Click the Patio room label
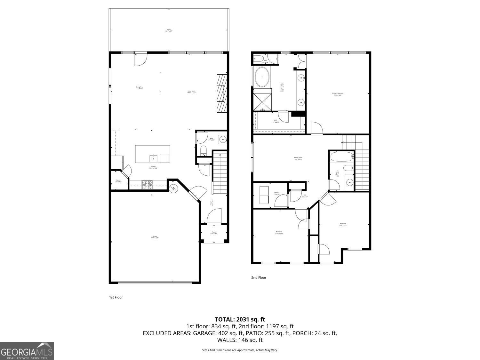click(x=169, y=30)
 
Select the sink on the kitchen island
click(x=153, y=158)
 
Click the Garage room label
click(x=155, y=237)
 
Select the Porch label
click(x=214, y=233)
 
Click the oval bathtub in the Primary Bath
click(x=263, y=77)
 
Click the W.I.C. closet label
click(x=276, y=121)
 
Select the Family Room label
click(x=298, y=158)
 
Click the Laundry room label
click(x=276, y=193)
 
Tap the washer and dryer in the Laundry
click(x=264, y=195)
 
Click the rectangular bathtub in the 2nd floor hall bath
click(x=342, y=157)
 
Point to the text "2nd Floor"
click(x=259, y=278)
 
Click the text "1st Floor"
click(x=116, y=297)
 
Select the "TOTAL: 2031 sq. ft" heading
click(x=240, y=319)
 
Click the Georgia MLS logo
click(x=27, y=351)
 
